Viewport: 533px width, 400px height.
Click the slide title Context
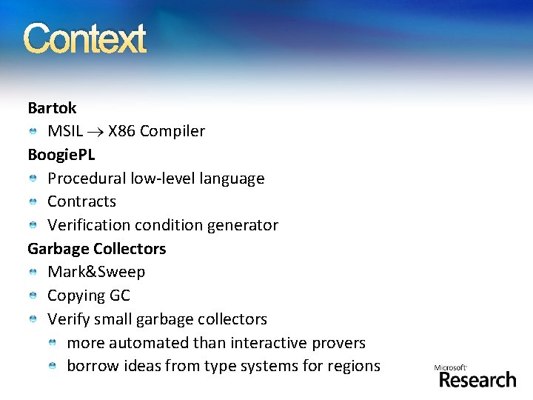point(85,39)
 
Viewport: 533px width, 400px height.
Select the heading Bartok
point(52,108)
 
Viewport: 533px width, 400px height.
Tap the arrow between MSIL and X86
point(95,132)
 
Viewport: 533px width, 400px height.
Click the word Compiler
point(172,132)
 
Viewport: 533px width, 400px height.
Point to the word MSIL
point(65,132)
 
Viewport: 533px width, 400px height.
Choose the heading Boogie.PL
point(61,155)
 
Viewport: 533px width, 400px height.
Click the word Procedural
point(87,179)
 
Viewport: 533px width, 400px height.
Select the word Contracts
point(81,201)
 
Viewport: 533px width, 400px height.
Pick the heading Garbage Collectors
point(97,249)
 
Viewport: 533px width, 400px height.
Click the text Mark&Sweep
point(96,272)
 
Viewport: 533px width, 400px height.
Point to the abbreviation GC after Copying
point(120,296)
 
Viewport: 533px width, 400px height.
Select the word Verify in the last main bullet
point(68,319)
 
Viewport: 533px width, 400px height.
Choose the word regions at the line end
point(355,366)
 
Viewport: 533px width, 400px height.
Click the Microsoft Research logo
point(476,376)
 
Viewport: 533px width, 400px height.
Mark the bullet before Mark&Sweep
point(34,273)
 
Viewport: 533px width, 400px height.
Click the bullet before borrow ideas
point(53,367)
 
